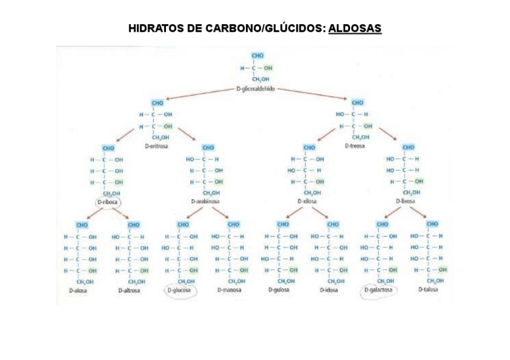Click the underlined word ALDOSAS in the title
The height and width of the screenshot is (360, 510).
pyautogui.click(x=355, y=29)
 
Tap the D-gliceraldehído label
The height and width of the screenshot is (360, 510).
pyautogui.click(x=256, y=88)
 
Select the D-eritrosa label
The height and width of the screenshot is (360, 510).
pyautogui.click(x=156, y=146)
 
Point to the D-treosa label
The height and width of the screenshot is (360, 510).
pyautogui.click(x=355, y=145)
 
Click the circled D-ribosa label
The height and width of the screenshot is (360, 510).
pyautogui.click(x=108, y=203)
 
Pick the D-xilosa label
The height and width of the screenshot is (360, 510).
pyautogui.click(x=307, y=202)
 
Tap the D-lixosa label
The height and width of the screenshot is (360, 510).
pyautogui.click(x=406, y=202)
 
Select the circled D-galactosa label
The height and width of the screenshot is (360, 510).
pyautogui.click(x=381, y=290)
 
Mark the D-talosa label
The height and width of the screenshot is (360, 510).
pyautogui.click(x=428, y=289)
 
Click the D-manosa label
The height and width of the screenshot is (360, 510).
pyautogui.click(x=229, y=290)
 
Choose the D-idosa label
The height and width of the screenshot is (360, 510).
pyautogui.click(x=329, y=290)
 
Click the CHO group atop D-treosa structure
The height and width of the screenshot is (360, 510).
pyautogui.click(x=357, y=103)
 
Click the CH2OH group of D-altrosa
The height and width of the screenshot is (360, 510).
pyautogui.click(x=136, y=281)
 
